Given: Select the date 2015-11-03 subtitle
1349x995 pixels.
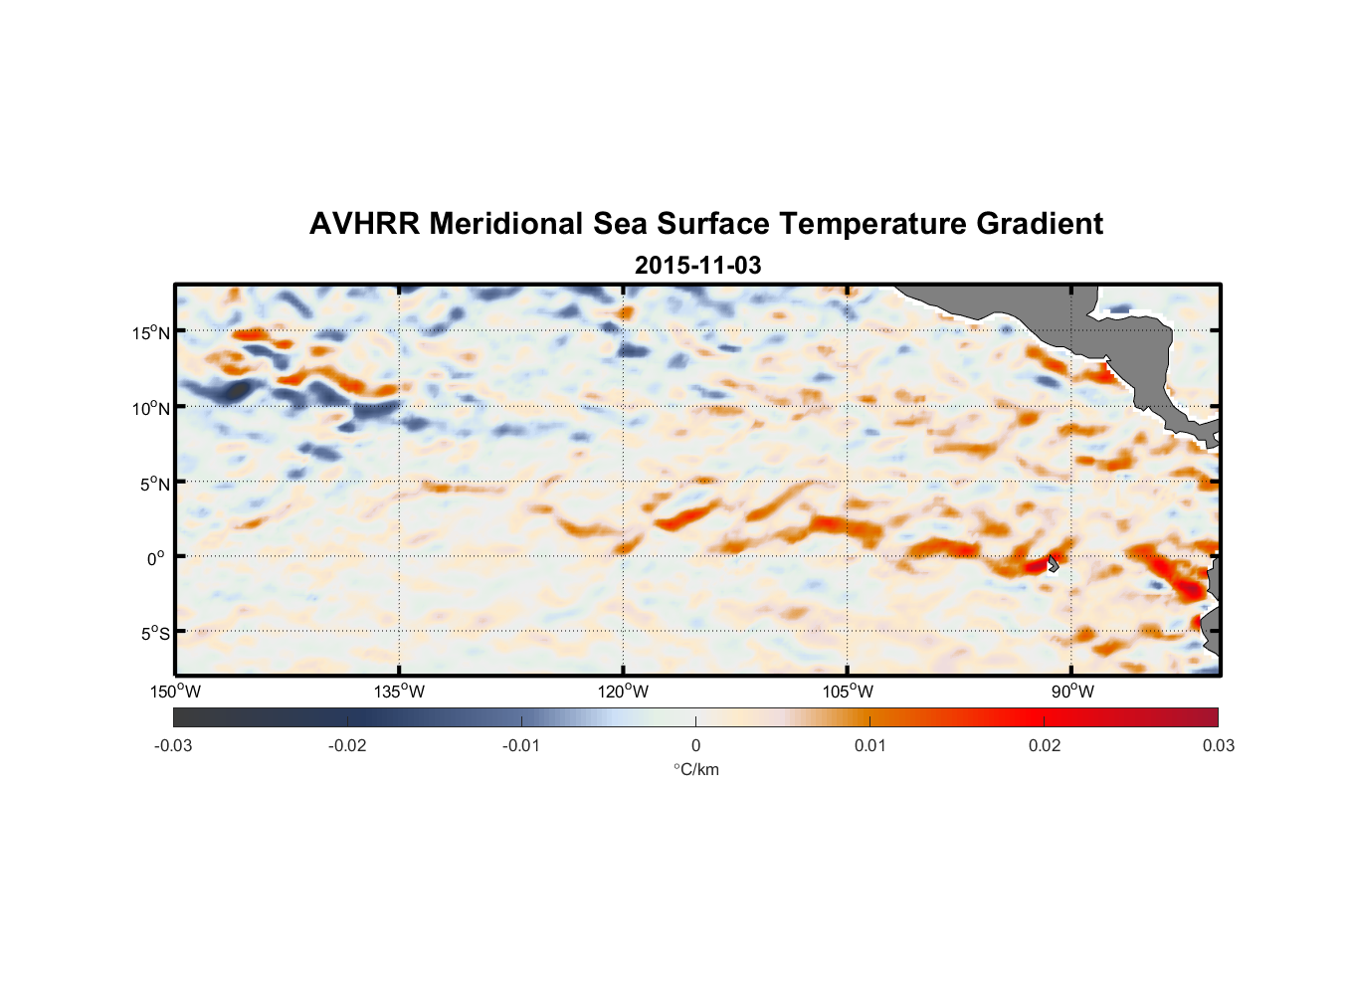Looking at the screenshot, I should coord(697,266).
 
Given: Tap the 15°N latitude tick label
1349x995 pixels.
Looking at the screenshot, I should coord(151,332).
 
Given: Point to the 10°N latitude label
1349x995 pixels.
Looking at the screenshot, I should coord(151,408).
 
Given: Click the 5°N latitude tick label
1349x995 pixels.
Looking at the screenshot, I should coord(154,484).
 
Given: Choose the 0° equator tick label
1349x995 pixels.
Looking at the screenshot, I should coord(156,558).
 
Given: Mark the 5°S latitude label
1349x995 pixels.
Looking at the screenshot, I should coord(154,633).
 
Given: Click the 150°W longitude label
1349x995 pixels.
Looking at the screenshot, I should coord(176,692).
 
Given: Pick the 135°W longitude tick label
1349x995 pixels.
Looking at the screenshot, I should coord(400,692).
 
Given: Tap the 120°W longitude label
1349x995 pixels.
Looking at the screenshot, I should coord(624,692).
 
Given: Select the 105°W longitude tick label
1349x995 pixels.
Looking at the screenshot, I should coord(848,692).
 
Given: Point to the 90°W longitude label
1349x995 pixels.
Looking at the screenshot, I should coord(1072,692).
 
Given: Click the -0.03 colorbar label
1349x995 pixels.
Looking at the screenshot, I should coord(173,745).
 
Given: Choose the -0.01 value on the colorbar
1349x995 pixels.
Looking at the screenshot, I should coord(521,745).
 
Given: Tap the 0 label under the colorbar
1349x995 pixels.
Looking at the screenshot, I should coord(695,745).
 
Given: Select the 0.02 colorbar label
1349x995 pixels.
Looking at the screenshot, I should coord(1045,745).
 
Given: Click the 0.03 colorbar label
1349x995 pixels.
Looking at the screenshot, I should coord(1219,745).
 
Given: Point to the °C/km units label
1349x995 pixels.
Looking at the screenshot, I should coord(695,769).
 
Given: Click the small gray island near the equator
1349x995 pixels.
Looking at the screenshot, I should coord(1053,563).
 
